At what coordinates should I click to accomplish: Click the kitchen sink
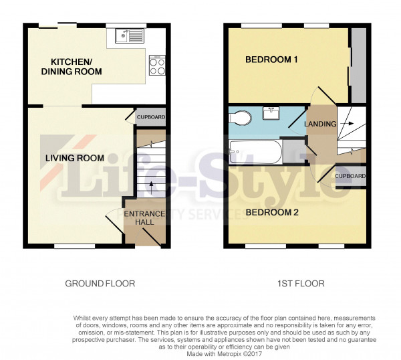[130, 35]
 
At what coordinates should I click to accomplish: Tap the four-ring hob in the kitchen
[157, 66]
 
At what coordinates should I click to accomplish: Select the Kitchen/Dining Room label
[72, 66]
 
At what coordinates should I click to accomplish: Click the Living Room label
[75, 158]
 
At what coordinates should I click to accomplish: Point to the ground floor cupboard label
[151, 117]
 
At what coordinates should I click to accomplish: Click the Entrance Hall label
[144, 217]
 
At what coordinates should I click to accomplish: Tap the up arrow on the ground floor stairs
[151, 187]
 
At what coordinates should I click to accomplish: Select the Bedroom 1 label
[271, 60]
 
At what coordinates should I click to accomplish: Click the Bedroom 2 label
[272, 212]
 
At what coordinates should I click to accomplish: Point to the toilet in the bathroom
[241, 118]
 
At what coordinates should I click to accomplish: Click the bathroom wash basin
[271, 113]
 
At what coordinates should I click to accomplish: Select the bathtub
[256, 152]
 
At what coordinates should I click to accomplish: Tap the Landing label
[320, 124]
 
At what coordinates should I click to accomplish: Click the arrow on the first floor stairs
[348, 124]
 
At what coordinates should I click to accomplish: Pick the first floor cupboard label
[350, 176]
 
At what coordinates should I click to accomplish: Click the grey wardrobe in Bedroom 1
[358, 66]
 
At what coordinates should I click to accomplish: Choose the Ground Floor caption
[100, 284]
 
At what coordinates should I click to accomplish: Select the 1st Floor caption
[301, 284]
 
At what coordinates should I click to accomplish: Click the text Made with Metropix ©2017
[225, 354]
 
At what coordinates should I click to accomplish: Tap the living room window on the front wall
[75, 246]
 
